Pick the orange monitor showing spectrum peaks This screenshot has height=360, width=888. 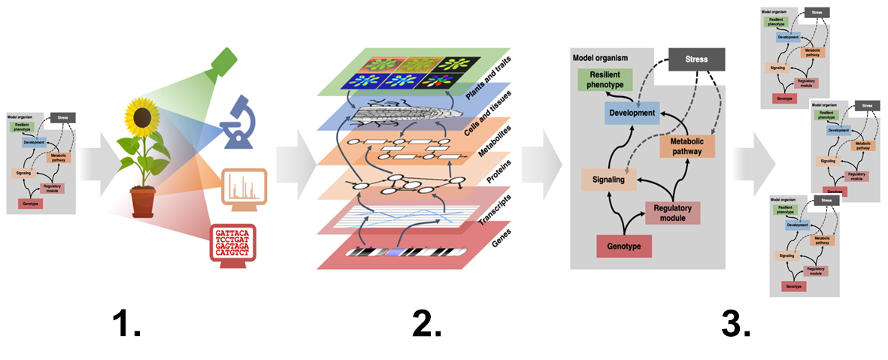[244, 188]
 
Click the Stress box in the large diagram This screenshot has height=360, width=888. [696, 59]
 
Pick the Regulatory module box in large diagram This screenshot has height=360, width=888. [672, 213]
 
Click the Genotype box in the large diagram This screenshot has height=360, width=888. [623, 246]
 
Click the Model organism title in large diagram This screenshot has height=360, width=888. [600, 57]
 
